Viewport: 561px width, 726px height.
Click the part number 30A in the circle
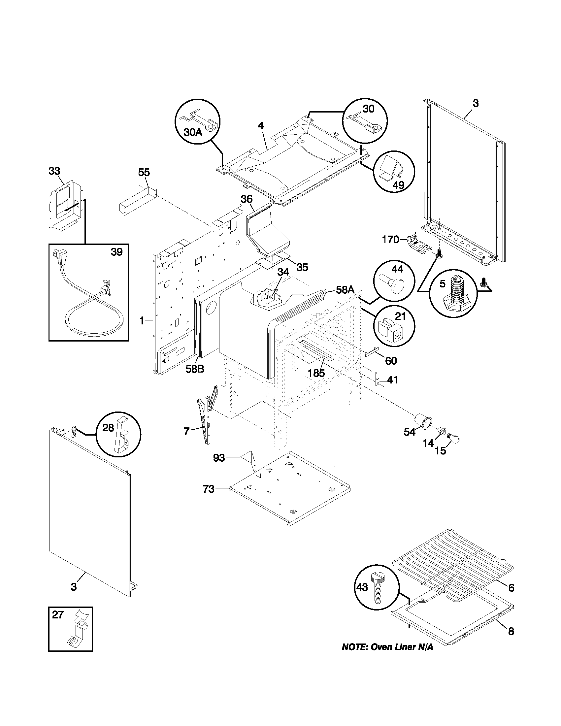click(x=193, y=132)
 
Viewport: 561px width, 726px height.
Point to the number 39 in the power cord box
click(x=116, y=252)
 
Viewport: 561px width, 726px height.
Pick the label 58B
click(x=194, y=369)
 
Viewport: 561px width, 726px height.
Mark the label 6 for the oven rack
click(x=511, y=588)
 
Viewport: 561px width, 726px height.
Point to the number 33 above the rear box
click(x=54, y=171)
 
